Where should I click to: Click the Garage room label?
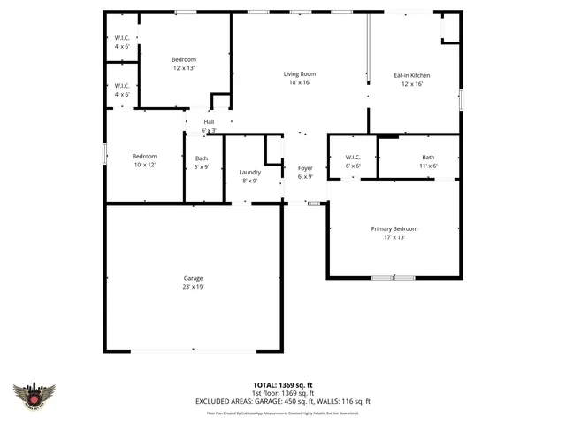pos(193,278)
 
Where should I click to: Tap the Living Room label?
pos(300,74)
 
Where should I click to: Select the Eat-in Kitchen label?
pos(412,76)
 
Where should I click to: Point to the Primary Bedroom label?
pos(394,229)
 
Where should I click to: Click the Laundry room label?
pos(250,172)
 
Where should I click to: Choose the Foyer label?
pos(305,168)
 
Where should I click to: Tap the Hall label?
pos(209,122)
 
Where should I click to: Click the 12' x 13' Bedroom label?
pos(183,59)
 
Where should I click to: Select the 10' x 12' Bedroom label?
pos(144,156)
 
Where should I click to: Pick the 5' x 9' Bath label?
pos(202,158)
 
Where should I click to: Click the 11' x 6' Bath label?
pos(428,158)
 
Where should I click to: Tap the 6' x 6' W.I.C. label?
pos(352,158)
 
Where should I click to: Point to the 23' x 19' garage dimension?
pos(193,287)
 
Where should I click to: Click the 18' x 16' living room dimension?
pos(300,83)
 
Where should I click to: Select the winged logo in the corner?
pos(34,395)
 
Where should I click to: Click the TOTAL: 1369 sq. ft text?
pos(282,385)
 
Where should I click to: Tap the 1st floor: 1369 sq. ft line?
pos(282,393)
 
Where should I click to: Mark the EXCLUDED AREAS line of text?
pos(282,401)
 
